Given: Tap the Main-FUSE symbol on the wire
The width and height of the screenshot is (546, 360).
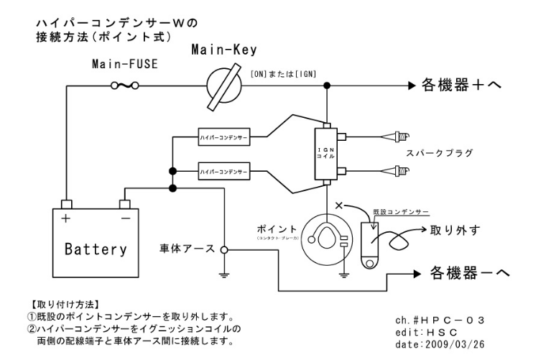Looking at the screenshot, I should pyautogui.click(x=124, y=86).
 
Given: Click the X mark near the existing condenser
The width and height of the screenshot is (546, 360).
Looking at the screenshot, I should pyautogui.click(x=339, y=206).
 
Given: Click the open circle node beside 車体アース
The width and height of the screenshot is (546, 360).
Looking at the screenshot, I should pyautogui.click(x=224, y=249).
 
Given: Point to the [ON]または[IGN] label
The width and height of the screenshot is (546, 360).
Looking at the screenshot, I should pyautogui.click(x=283, y=74).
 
